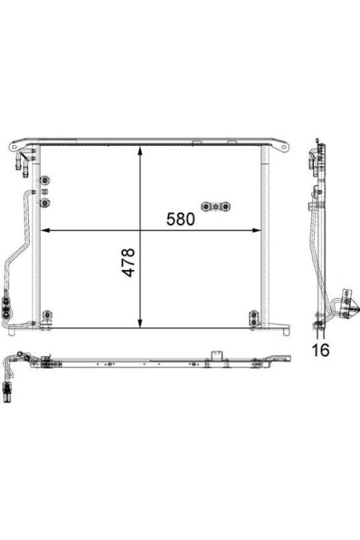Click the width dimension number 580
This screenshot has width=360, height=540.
[x=181, y=219]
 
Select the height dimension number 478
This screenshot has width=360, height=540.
[x=128, y=262]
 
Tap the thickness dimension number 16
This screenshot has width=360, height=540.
[x=320, y=349]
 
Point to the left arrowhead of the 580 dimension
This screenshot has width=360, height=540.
[x=45, y=230]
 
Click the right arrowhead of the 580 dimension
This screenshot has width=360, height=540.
[x=256, y=230]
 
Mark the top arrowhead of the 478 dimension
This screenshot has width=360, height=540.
[x=140, y=151]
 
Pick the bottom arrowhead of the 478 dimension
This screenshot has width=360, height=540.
[x=140, y=323]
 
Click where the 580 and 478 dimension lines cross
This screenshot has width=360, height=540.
[x=140, y=230]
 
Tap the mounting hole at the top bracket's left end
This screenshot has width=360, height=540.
[x=14, y=147]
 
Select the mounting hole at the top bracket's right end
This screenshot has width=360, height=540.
[x=283, y=148]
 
